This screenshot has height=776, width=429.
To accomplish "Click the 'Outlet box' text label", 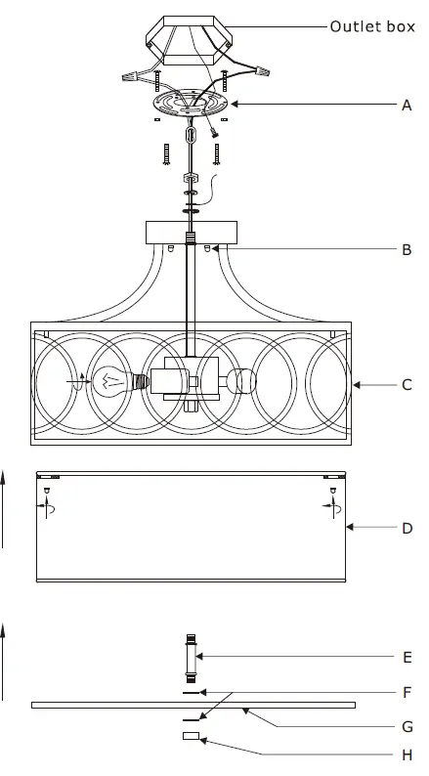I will [371, 27].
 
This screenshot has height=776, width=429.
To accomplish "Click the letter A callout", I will [407, 104].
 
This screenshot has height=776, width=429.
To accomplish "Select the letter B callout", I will [407, 249].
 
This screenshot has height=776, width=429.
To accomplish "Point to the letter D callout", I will [407, 529].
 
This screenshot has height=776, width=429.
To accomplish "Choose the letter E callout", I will [407, 657].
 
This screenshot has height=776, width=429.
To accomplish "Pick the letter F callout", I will [407, 692].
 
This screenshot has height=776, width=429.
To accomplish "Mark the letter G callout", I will [407, 726].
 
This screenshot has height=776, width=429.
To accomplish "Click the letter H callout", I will [407, 754].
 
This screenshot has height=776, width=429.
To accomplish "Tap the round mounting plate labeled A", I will [193, 104].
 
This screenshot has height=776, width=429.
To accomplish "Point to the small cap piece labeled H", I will [191, 736].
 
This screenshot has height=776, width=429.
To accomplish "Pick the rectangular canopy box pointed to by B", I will [192, 233].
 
